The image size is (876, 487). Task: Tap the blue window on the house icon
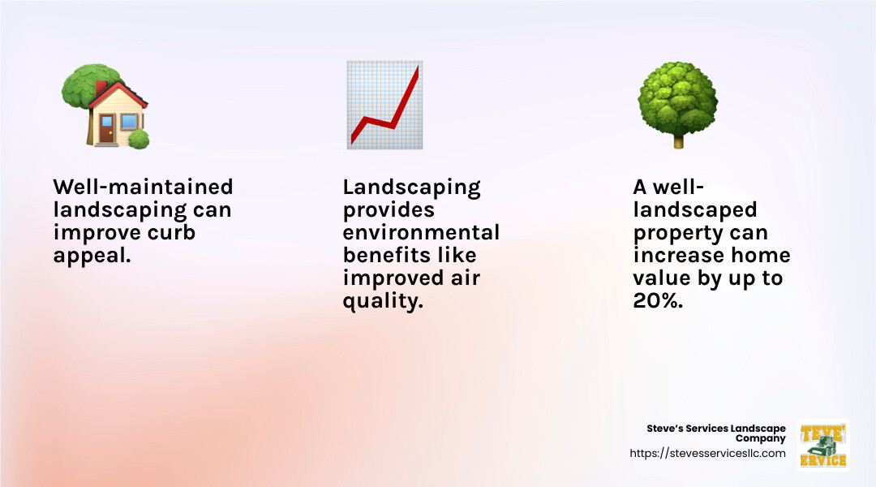click(128, 123)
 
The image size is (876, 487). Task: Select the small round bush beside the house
click(139, 139)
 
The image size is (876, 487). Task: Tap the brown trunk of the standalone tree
click(678, 140)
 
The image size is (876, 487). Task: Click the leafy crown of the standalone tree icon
click(677, 97)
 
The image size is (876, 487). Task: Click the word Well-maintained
click(143, 187)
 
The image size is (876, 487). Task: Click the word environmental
click(421, 233)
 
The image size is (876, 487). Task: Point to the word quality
click(381, 301)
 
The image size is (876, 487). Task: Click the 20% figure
click(657, 301)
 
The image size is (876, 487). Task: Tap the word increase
click(678, 256)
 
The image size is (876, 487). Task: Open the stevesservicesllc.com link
click(707, 454)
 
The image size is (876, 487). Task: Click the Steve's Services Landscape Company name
click(716, 433)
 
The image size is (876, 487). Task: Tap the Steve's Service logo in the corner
click(822, 444)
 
